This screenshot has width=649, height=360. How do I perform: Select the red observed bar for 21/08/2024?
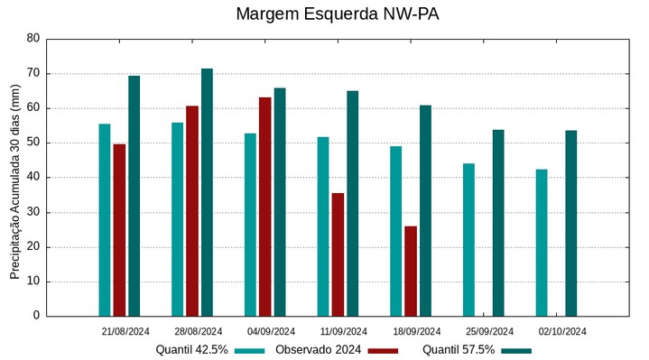click(x=119, y=230)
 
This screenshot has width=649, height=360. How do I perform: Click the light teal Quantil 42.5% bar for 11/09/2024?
click(x=323, y=226)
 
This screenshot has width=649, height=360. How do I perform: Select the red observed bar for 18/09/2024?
click(x=411, y=271)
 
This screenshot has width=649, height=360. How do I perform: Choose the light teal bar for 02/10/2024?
click(x=542, y=243)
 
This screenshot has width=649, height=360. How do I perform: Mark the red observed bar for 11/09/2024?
click(x=338, y=254)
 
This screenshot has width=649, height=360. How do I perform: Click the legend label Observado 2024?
click(x=319, y=350)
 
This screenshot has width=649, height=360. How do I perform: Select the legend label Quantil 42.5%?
click(x=191, y=350)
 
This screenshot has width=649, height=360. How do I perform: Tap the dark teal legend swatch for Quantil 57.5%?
click(x=516, y=350)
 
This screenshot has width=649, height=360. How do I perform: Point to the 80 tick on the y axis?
click(x=33, y=39)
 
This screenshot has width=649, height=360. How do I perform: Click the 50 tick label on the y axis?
click(x=33, y=143)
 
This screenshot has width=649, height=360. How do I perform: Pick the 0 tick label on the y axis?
click(x=37, y=316)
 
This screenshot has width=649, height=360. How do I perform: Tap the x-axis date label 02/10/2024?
click(x=562, y=331)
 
